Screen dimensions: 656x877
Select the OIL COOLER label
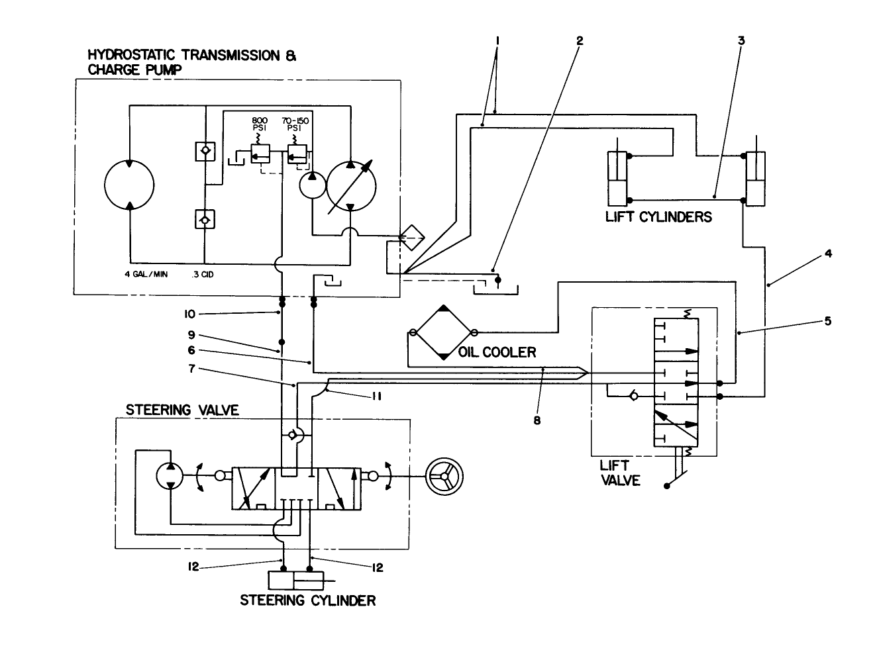(497, 353)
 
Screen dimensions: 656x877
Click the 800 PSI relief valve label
(259, 125)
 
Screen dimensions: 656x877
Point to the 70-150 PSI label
(295, 125)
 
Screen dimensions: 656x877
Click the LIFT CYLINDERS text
(658, 217)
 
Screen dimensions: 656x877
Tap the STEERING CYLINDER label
(307, 600)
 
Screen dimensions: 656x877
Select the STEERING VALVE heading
(182, 410)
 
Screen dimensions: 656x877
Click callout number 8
(537, 419)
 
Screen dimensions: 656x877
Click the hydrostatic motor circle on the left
(130, 184)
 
